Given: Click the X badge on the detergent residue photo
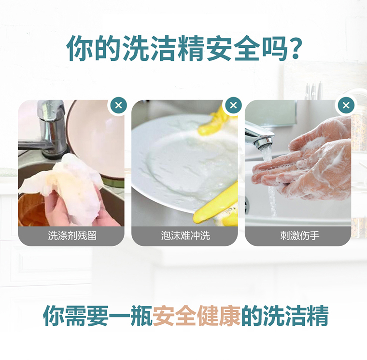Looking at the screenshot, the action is tap(119, 105).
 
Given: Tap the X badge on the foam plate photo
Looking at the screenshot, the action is tap(233, 105).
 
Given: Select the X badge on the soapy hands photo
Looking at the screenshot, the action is tap(346, 105).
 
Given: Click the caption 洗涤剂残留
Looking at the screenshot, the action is tap(72, 235).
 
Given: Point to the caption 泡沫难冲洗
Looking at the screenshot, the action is tap(185, 235).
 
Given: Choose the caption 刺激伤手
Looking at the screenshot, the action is tap(300, 235).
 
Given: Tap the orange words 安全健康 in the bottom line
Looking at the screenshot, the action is tap(197, 316).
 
